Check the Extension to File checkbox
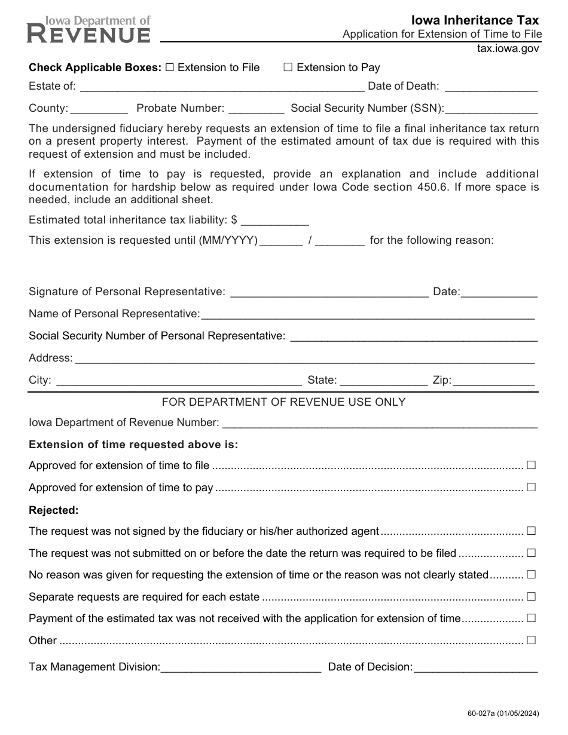[x=169, y=68]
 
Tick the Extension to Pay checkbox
[x=288, y=68]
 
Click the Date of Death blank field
[x=491, y=87]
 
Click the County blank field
[x=99, y=109]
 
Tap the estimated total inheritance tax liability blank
[x=274, y=220]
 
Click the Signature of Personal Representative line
[x=329, y=292]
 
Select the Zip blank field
[x=494, y=381]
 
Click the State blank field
[x=383, y=381]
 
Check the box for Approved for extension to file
[x=531, y=465]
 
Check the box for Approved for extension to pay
[x=531, y=487]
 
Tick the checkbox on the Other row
[x=531, y=640]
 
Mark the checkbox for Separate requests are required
[x=531, y=596]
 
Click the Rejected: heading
[x=54, y=510]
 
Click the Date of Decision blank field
[x=475, y=667]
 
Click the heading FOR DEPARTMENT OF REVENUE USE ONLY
[x=283, y=402]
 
